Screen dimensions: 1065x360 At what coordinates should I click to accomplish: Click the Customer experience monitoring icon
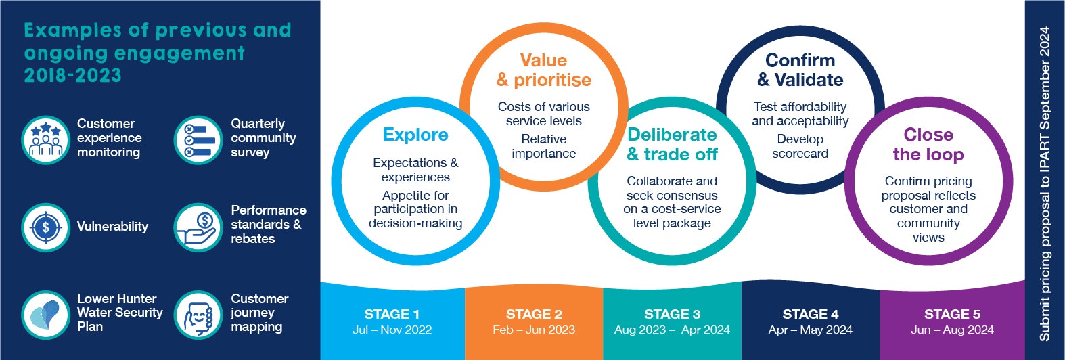tap(45, 140)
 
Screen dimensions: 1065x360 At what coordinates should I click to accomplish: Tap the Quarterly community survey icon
tap(198, 140)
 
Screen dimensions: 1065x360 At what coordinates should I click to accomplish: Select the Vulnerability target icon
tap(45, 227)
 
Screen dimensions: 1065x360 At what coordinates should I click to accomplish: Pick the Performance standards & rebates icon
tap(198, 227)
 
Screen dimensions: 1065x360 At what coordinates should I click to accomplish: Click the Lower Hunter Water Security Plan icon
tap(45, 315)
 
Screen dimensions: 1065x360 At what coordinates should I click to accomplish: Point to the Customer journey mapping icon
tap(198, 315)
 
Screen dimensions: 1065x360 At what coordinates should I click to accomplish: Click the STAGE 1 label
tap(392, 314)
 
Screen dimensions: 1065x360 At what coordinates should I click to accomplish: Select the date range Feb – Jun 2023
tap(534, 330)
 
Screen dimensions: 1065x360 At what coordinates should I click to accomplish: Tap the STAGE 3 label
tap(673, 314)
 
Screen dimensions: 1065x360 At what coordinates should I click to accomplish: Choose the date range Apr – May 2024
tap(810, 330)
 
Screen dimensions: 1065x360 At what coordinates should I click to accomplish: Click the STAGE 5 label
tap(952, 314)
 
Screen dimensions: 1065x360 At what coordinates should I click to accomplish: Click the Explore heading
tap(415, 135)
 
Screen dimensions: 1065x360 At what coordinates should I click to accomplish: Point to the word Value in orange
tap(543, 60)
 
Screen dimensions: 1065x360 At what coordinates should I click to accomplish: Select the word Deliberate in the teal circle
tap(672, 135)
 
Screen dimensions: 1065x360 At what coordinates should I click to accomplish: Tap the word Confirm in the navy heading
tap(800, 60)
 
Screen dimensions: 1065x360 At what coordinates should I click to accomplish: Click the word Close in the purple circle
tap(928, 135)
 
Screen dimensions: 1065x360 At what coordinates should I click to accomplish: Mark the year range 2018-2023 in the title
tap(73, 76)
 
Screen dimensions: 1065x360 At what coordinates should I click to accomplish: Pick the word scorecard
tap(800, 154)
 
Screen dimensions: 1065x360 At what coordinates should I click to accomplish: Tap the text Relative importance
tap(544, 146)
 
